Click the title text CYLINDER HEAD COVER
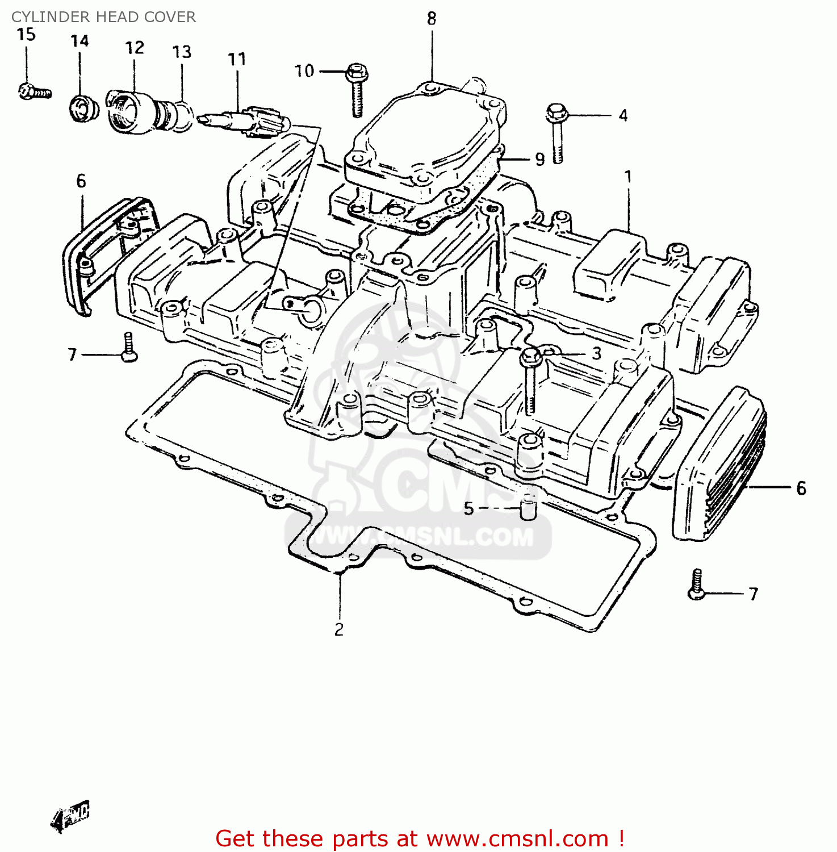coord(103,17)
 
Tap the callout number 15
coord(26,35)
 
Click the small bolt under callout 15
coord(34,91)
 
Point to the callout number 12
coord(135,48)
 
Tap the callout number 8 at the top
coord(432,19)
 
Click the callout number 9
coord(539,160)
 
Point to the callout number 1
coord(628,177)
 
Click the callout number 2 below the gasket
coord(339,629)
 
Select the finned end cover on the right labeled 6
coord(718,466)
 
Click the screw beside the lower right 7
coord(696,585)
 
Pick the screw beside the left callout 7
coord(129,348)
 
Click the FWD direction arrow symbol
coord(72,816)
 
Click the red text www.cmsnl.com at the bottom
coord(517,839)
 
